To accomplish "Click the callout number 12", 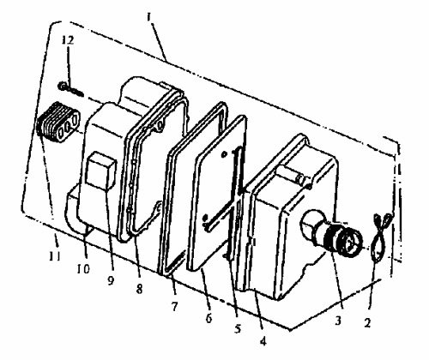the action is [x=69, y=40].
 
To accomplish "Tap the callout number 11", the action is [x=55, y=256].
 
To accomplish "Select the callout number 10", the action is [x=83, y=268].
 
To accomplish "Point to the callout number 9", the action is [x=111, y=280].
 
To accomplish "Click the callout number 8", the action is [x=139, y=289].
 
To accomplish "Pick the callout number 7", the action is [x=174, y=306].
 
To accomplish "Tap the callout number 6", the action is [x=209, y=318].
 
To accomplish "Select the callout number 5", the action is [x=238, y=328].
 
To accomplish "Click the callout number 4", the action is [x=263, y=341].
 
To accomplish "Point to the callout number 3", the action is [x=338, y=321].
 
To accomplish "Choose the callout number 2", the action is [x=367, y=322].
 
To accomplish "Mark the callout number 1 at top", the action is [x=148, y=18].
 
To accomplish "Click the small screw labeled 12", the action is [x=70, y=88].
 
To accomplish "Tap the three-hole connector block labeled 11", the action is [x=58, y=123].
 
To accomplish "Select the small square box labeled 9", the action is [x=101, y=171].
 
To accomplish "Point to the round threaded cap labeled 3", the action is [x=346, y=238].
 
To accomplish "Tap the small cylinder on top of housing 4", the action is [x=293, y=175].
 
